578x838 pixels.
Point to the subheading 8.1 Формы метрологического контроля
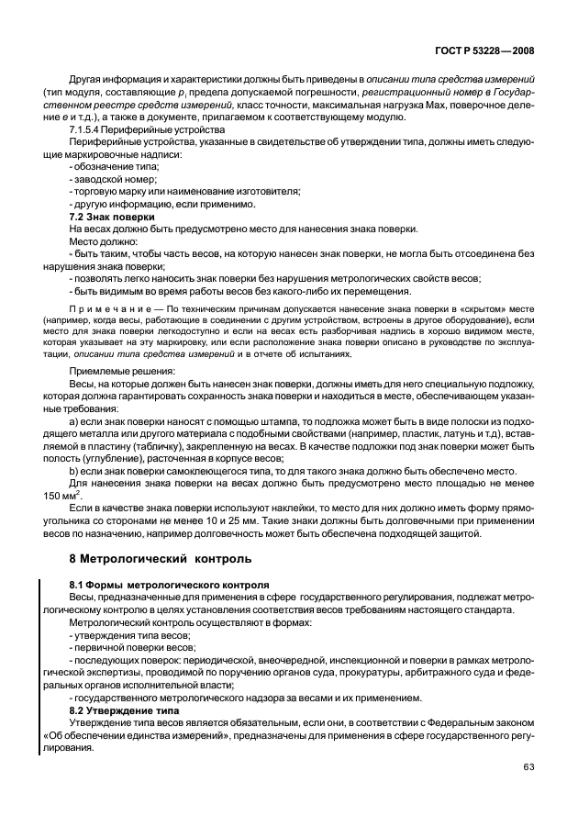coord(170,585)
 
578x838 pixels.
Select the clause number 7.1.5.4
coord(89,129)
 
